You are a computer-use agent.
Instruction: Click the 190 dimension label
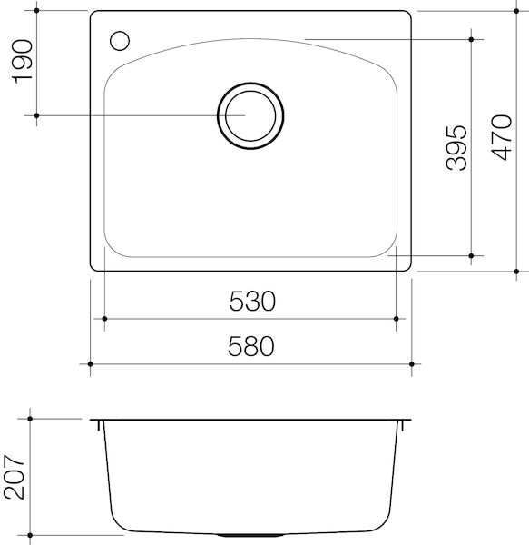pyautogui.click(x=20, y=62)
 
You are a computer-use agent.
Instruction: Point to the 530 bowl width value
pyautogui.click(x=251, y=301)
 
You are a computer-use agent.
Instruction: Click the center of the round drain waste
pyautogui.click(x=250, y=116)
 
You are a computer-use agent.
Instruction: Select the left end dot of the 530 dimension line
pyautogui.click(x=106, y=319)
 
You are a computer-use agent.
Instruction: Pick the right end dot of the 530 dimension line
pyautogui.click(x=396, y=319)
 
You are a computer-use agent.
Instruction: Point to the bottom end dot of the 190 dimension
pyautogui.click(x=36, y=116)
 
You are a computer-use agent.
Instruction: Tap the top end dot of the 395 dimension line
pyautogui.click(x=472, y=40)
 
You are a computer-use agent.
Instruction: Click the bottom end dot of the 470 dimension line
pyautogui.click(x=515, y=270)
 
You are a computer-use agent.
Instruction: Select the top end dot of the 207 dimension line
pyautogui.click(x=31, y=419)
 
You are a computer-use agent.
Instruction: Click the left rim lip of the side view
pyautogui.click(x=96, y=422)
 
